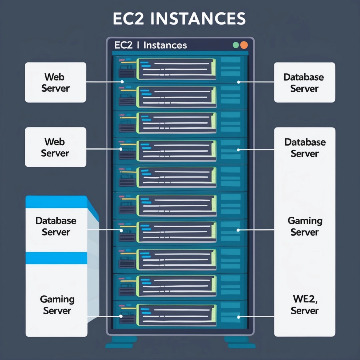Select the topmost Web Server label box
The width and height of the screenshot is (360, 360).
click(x=55, y=83)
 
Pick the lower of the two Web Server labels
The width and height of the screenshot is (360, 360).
click(x=55, y=147)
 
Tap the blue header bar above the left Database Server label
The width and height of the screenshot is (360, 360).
click(x=55, y=203)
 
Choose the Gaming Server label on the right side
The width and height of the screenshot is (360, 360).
click(x=303, y=225)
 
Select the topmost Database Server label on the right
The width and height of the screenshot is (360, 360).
click(x=303, y=83)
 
